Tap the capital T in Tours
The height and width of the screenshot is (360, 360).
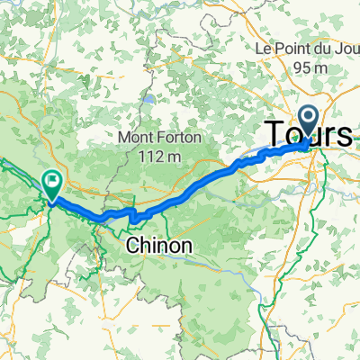click(274, 134)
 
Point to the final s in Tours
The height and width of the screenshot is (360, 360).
click(346, 136)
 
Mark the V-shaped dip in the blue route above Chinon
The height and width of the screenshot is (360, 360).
click(131, 216)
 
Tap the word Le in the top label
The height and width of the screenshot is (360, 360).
click(263, 47)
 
